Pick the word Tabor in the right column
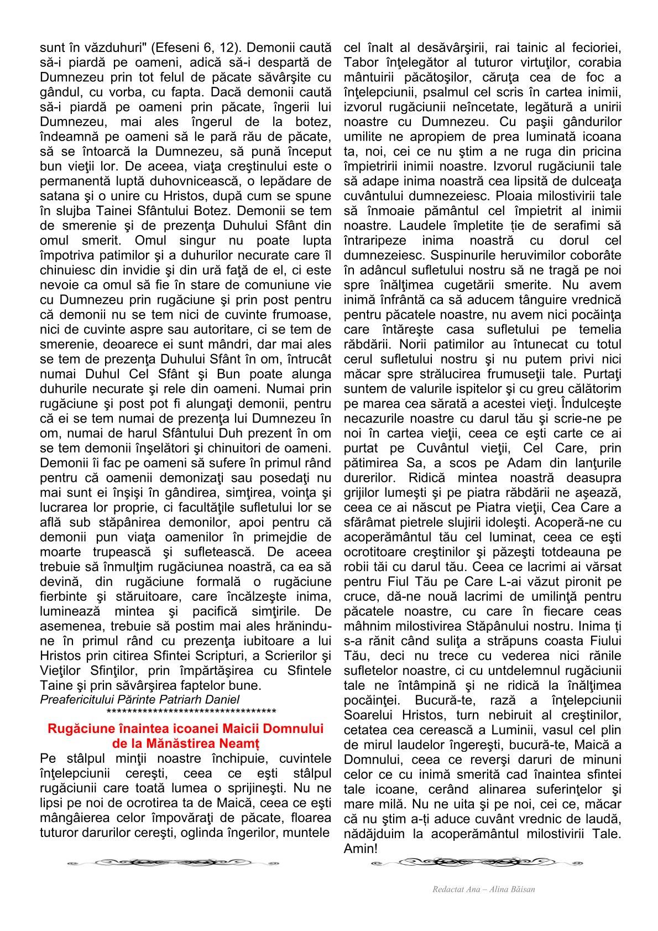tap(360, 63)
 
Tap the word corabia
tap(600, 63)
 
